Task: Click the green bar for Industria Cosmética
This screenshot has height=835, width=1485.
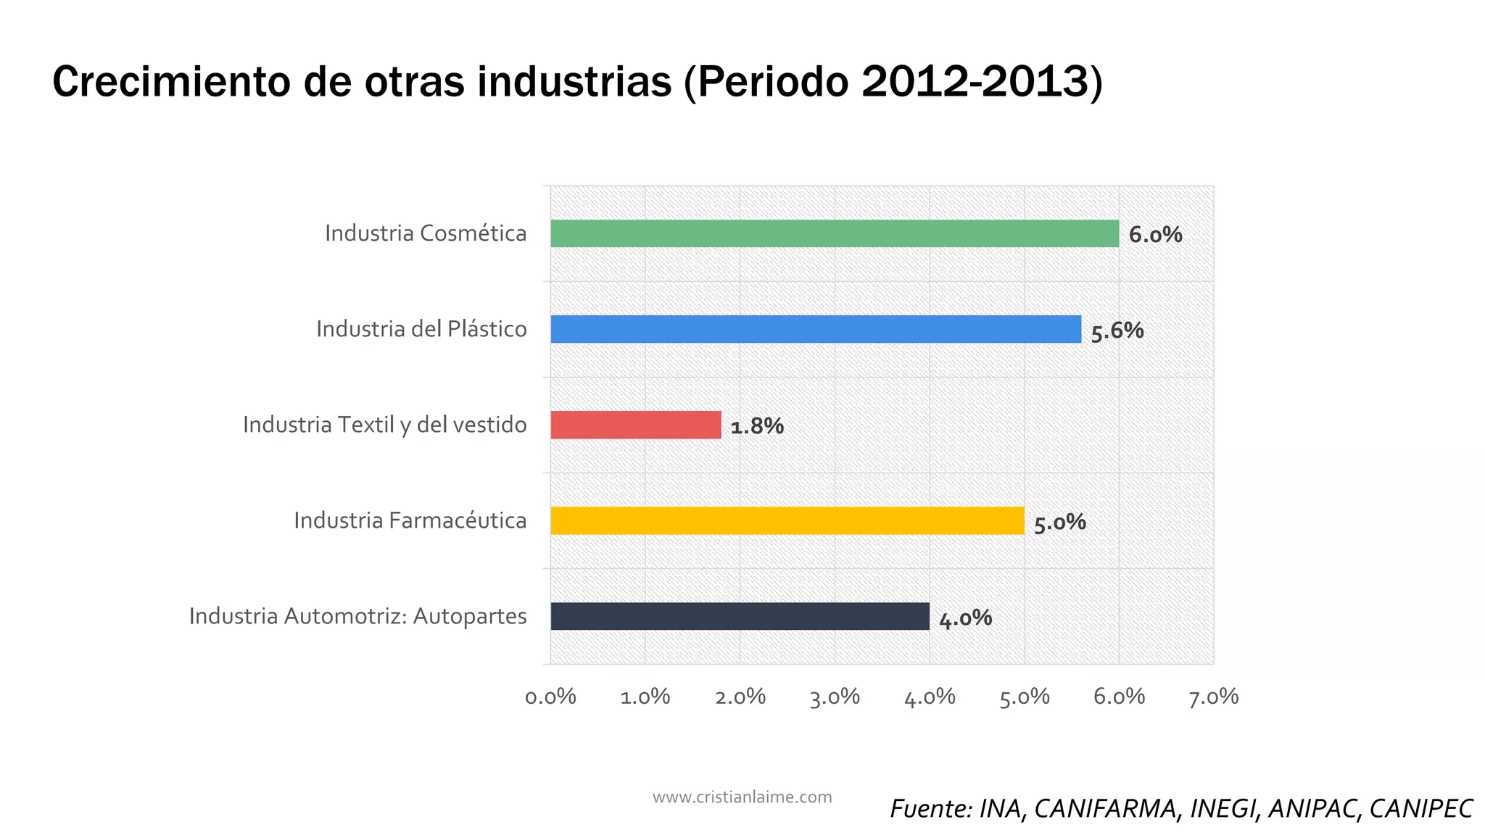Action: click(x=834, y=233)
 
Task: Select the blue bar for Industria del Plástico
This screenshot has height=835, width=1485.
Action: click(x=815, y=329)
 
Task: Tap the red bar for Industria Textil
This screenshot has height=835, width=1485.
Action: click(x=635, y=425)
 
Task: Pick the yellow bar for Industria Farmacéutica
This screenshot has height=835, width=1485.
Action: click(x=787, y=520)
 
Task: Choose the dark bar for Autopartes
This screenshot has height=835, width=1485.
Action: click(x=740, y=616)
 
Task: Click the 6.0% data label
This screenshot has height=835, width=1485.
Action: click(x=1155, y=235)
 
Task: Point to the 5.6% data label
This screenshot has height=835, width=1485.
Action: click(x=1117, y=331)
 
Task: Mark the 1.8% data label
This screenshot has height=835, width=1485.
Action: click(x=757, y=426)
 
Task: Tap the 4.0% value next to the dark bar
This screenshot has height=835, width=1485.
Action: click(x=965, y=618)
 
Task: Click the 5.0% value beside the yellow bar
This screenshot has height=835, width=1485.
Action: click(x=1059, y=523)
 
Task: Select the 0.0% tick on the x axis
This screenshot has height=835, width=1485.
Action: click(x=550, y=697)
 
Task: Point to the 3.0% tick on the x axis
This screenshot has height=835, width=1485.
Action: click(x=835, y=697)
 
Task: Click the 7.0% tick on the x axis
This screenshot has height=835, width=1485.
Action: click(x=1213, y=697)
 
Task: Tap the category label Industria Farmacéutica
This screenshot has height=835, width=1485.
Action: click(x=410, y=520)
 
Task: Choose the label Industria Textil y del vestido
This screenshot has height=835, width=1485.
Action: click(x=384, y=425)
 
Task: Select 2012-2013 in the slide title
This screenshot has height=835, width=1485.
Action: click(x=975, y=81)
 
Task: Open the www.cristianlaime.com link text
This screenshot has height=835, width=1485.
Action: click(x=742, y=797)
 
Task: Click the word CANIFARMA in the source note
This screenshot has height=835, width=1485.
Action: click(x=1104, y=809)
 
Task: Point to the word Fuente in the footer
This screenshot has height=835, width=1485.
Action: click(x=930, y=809)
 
